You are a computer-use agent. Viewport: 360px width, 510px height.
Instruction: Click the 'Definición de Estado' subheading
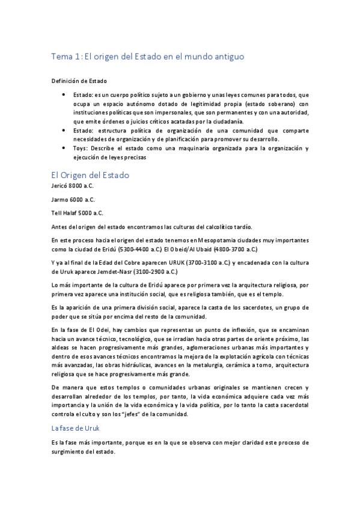[x=78, y=81]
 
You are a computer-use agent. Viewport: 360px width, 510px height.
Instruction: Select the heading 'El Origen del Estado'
[x=90, y=175]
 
